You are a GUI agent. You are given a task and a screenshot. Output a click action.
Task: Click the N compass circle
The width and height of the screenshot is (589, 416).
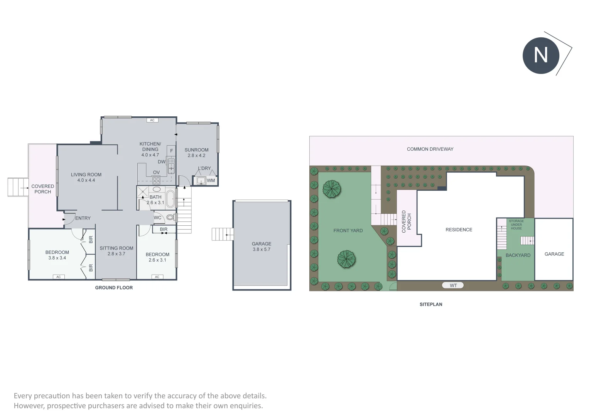click(541, 55)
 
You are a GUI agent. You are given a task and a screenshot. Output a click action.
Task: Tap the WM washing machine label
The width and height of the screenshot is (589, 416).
click(211, 180)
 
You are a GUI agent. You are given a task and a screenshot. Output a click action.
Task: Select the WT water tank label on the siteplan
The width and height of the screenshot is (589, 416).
click(453, 285)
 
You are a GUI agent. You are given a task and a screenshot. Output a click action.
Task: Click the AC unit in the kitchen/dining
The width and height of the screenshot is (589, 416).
click(152, 120)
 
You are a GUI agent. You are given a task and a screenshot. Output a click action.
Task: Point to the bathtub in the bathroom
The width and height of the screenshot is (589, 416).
click(170, 197)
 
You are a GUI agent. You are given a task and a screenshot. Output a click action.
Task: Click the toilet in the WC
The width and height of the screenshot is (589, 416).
click(170, 217)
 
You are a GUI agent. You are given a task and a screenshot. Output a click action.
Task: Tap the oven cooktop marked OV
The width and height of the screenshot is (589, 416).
click(156, 180)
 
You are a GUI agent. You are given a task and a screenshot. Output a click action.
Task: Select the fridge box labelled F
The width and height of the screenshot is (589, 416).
click(171, 150)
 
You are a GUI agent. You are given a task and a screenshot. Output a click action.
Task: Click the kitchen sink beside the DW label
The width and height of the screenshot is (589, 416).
click(171, 166)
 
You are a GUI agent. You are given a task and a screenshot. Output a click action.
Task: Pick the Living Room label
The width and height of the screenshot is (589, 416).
click(86, 174)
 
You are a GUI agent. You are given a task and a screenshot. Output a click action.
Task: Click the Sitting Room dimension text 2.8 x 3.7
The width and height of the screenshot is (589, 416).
click(116, 254)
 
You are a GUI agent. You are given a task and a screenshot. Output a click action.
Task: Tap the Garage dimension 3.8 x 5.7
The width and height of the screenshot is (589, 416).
click(262, 249)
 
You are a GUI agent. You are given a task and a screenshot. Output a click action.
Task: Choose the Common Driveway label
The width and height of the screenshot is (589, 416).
click(430, 149)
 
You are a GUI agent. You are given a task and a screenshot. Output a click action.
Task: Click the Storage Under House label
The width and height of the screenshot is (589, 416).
click(516, 225)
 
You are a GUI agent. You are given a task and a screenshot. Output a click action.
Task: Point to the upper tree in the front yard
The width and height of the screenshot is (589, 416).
click(332, 189)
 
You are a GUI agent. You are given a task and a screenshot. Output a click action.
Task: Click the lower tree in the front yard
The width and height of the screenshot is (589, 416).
click(346, 259)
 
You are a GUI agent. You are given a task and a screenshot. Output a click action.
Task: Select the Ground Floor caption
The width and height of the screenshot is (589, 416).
click(114, 288)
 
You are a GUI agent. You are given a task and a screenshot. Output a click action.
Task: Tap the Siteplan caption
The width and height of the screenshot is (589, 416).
click(431, 304)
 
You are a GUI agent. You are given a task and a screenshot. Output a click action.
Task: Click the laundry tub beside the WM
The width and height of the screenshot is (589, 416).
click(201, 181)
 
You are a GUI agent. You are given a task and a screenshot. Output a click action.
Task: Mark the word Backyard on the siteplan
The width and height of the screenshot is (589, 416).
click(518, 255)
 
